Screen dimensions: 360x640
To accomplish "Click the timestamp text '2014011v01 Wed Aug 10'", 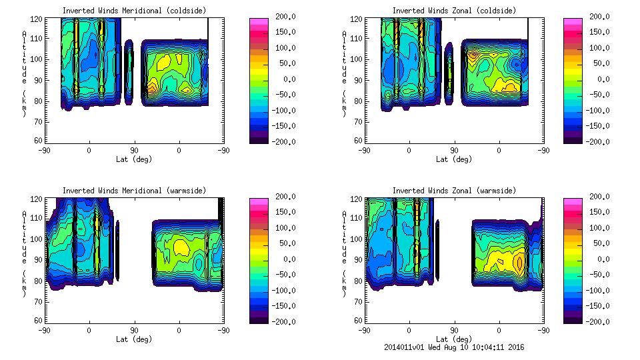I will pyautogui.click(x=433, y=347).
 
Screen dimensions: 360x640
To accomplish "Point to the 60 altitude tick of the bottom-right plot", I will pyautogui.click(x=357, y=321).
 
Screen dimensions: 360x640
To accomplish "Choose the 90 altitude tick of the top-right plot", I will pyautogui.click(x=357, y=80).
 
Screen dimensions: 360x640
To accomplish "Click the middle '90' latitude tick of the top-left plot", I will pyautogui.click(x=134, y=151).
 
